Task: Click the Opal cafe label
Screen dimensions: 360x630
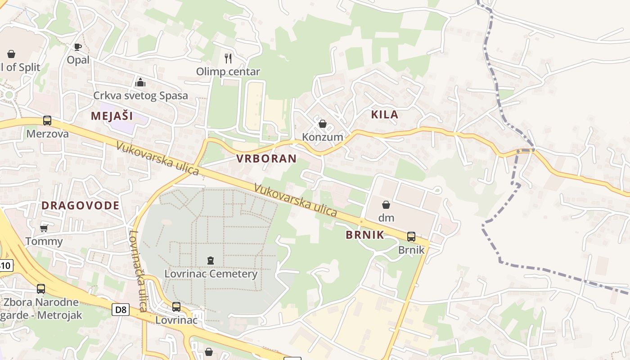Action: (x=78, y=60)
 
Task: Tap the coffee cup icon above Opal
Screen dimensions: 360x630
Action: (x=78, y=47)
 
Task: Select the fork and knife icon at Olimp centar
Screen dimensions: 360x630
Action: (x=228, y=58)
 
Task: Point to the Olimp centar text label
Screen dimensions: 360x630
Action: (x=228, y=72)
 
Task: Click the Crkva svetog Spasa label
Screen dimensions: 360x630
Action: (x=140, y=96)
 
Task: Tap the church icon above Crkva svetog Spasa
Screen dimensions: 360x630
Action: (x=140, y=82)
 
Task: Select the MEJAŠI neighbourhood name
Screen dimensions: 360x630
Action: (x=112, y=116)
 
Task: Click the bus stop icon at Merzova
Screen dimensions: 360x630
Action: (x=47, y=121)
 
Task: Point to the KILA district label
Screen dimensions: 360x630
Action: (x=385, y=114)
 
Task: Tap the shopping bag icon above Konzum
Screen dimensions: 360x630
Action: (x=323, y=124)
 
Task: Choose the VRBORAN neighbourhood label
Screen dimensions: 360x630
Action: (x=266, y=158)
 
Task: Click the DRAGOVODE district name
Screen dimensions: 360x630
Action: (x=81, y=206)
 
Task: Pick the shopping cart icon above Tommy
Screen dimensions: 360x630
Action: (x=44, y=228)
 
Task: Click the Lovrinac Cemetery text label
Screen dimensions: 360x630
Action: (x=211, y=274)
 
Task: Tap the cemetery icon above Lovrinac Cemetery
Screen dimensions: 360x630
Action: (x=210, y=260)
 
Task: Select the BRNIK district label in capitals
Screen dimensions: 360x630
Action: (x=365, y=234)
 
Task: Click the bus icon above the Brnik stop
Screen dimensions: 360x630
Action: (x=411, y=236)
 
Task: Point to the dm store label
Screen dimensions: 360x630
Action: (x=386, y=218)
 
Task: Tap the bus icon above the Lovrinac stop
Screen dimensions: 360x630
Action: (x=176, y=307)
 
